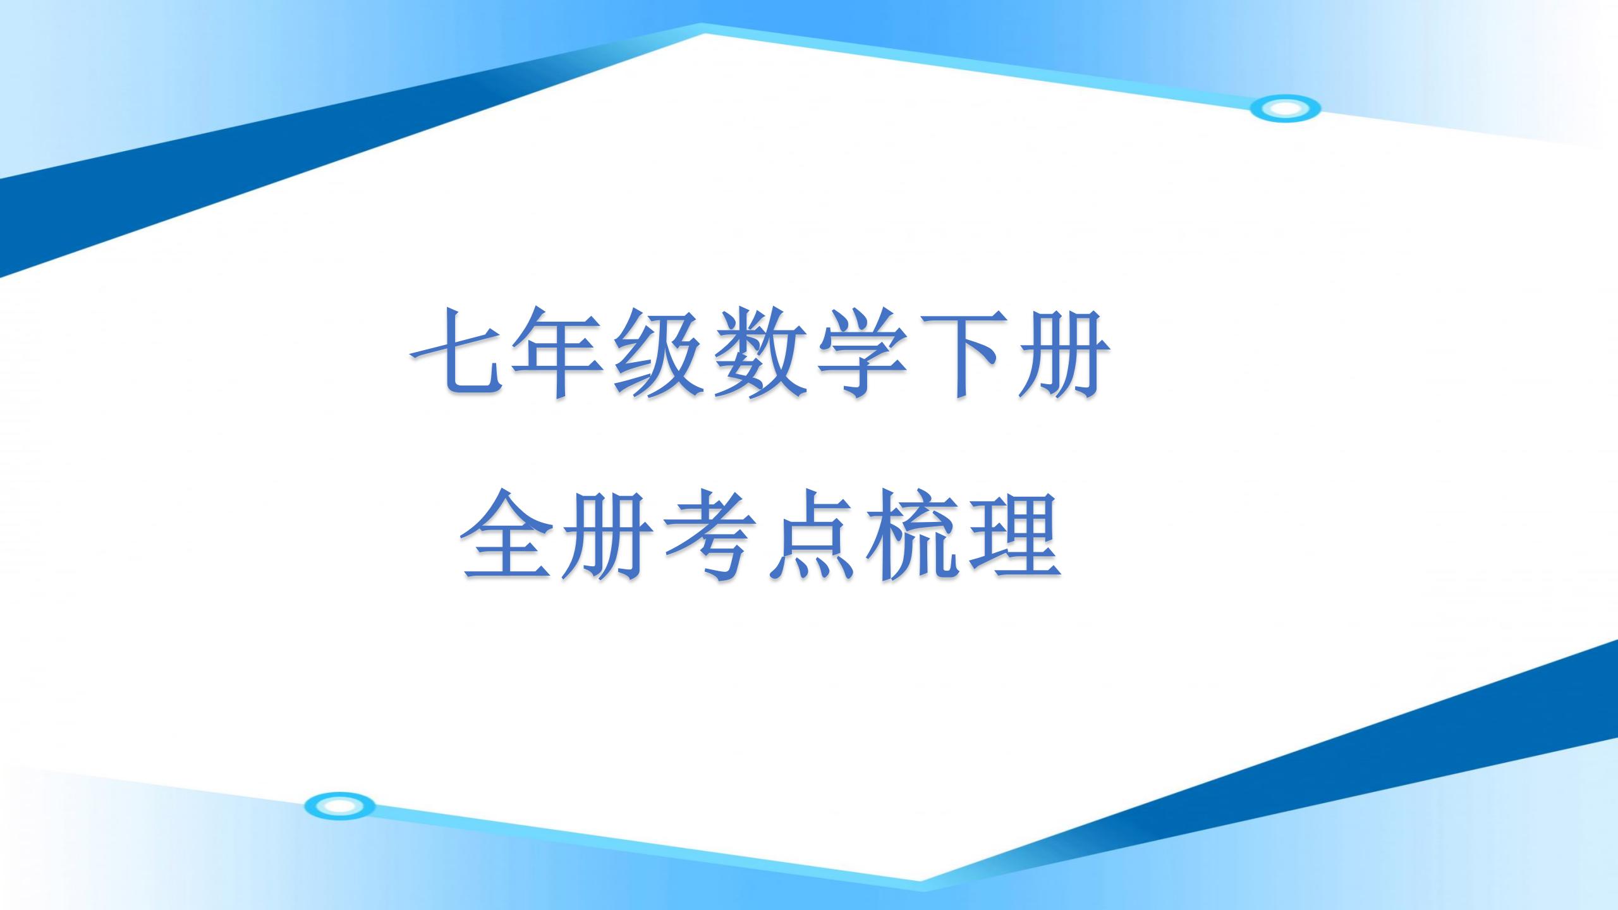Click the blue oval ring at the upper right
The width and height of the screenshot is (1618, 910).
1285,109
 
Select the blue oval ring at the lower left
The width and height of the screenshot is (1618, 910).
339,806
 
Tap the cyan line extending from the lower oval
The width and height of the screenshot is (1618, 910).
632,844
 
